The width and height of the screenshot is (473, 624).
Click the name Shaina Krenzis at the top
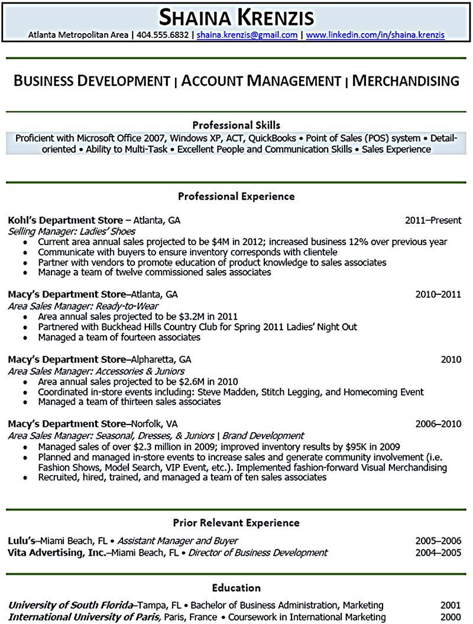point(236,17)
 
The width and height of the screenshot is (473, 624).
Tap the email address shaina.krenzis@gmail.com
point(247,35)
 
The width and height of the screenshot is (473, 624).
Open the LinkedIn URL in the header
point(375,35)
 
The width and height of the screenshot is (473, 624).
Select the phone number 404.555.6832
point(163,35)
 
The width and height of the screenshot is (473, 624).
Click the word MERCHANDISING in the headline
point(406,81)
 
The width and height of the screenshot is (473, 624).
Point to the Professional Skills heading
point(237,125)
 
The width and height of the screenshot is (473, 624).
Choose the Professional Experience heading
point(237,196)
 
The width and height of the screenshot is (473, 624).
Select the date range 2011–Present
point(433,220)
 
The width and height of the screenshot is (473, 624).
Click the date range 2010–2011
point(438,294)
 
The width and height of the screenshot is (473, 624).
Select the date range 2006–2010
point(438,424)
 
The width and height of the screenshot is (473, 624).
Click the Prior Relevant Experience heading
point(237,523)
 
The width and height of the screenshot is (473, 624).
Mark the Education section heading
point(237,588)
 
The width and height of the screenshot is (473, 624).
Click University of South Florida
point(69,605)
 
